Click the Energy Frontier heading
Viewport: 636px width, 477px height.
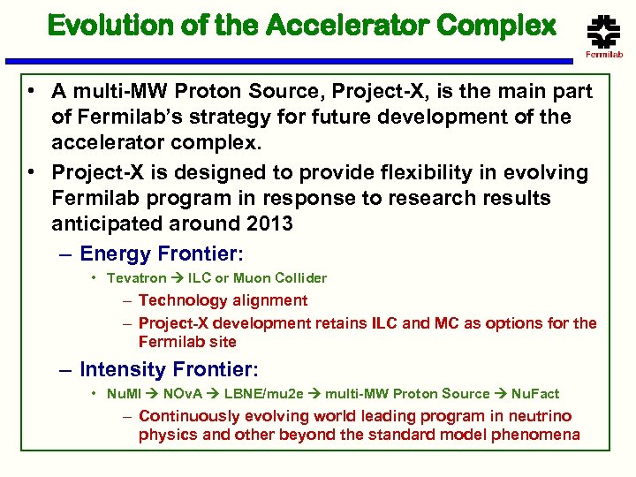160,254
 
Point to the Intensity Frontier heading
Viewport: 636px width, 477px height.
168,369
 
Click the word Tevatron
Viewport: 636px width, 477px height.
136,278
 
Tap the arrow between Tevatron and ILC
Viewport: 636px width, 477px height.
177,278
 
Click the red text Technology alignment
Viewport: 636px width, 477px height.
223,300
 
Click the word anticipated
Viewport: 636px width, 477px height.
104,223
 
